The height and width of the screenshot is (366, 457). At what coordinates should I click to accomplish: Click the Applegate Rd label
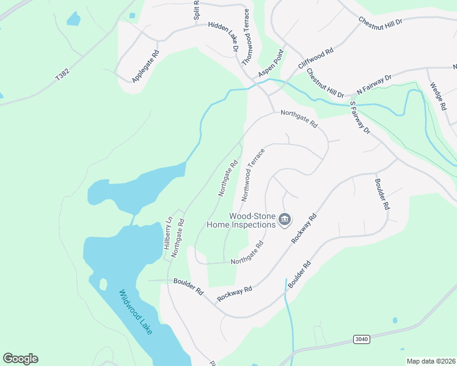145,66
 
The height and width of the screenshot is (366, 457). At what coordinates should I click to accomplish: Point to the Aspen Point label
271,64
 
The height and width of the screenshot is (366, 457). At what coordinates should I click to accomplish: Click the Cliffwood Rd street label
315,60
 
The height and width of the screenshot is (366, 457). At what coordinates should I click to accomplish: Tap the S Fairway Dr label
360,118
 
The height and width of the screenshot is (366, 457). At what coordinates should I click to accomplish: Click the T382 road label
62,76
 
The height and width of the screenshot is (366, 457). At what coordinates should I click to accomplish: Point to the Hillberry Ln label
167,232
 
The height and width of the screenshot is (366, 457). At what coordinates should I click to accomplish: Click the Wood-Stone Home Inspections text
252,220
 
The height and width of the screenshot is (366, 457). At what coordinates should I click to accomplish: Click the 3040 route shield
362,339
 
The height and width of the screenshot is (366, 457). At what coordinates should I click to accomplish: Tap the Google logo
20,359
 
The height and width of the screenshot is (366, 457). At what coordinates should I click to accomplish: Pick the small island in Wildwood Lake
103,284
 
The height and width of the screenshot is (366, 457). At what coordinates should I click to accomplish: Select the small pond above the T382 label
73,19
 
